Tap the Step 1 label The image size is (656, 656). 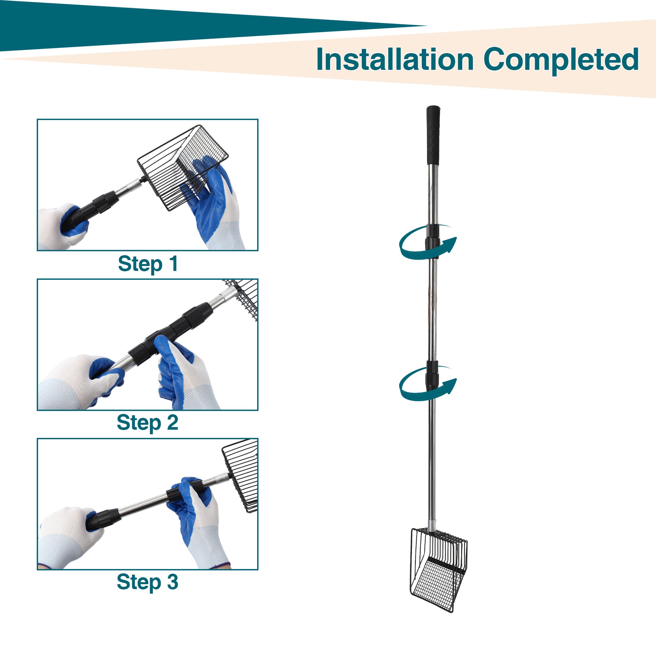point(148,264)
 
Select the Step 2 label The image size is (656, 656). point(147,423)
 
